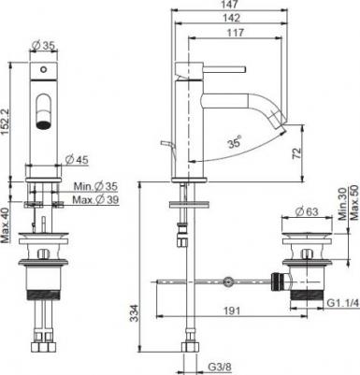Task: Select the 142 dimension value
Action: (232, 18)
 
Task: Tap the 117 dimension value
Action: (236, 33)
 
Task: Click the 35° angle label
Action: (234, 143)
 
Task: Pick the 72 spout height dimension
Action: (297, 153)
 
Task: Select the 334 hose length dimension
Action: (134, 313)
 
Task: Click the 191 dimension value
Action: (231, 310)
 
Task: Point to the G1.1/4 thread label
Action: (343, 303)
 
